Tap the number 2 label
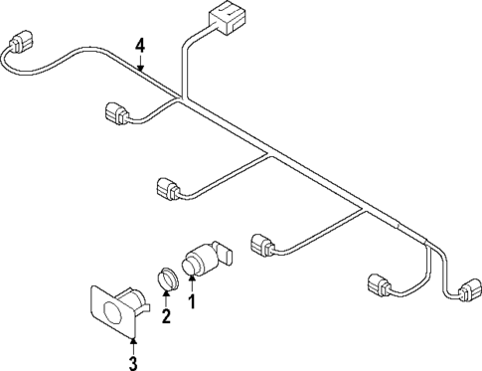tap(166, 317)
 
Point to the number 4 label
tap(140, 45)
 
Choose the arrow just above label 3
tap(133, 343)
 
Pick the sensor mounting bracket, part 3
tap(117, 306)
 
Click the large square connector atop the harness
tap(228, 21)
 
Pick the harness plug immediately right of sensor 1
tap(265, 243)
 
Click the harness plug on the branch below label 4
tap(116, 114)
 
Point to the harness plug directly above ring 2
tap(167, 187)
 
